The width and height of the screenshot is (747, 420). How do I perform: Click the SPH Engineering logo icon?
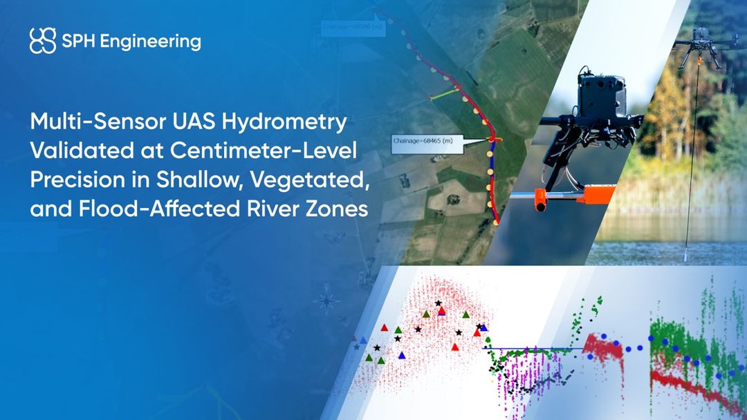pos(42,41)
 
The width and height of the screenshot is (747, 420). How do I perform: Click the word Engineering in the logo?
pos(150,41)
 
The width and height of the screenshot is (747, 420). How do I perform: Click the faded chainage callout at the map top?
pos(349,27)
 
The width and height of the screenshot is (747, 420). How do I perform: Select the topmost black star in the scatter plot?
pos(438,303)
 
